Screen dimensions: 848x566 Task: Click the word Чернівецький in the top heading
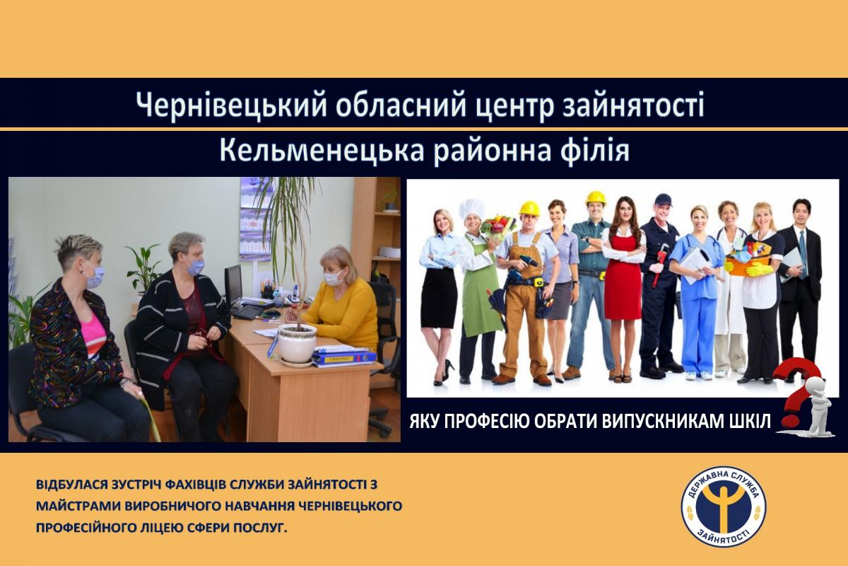pyautogui.click(x=231, y=105)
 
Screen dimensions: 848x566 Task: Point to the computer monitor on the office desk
pyautogui.click(x=234, y=284)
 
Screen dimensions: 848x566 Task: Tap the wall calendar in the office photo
pyautogui.click(x=255, y=220)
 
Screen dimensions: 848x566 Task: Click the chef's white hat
pyautogui.click(x=472, y=209)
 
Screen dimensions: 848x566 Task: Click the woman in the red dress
pyautogui.click(x=623, y=288)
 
